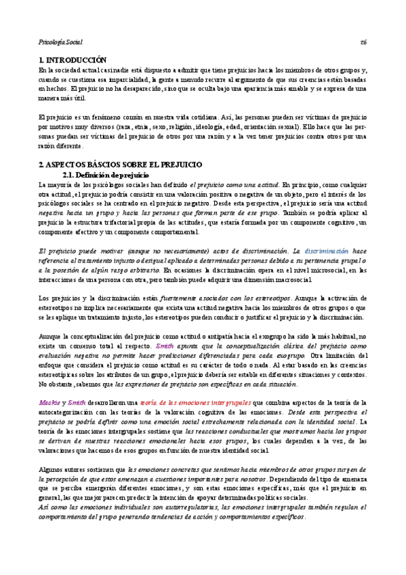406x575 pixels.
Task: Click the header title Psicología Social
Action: (60, 41)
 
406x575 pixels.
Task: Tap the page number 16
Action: (363, 41)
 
